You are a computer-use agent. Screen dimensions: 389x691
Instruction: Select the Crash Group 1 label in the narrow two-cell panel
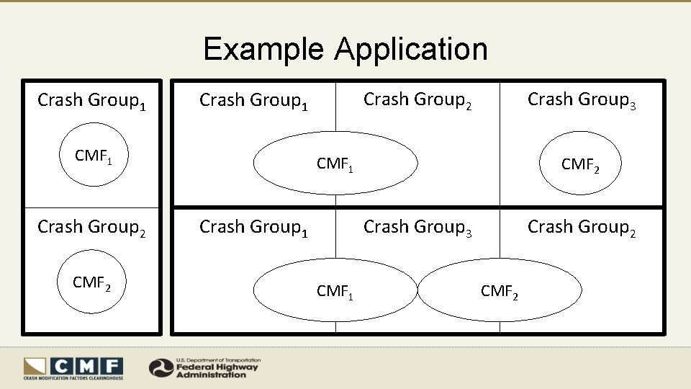click(91, 100)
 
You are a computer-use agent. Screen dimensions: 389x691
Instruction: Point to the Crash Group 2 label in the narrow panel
click(91, 228)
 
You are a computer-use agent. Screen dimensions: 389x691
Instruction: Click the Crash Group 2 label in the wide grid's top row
click(417, 100)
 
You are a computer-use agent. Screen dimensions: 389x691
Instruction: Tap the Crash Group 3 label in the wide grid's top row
click(582, 100)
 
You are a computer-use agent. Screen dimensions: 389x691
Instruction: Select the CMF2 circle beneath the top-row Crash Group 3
click(580, 164)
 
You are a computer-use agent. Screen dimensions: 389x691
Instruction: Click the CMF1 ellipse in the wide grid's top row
click(335, 164)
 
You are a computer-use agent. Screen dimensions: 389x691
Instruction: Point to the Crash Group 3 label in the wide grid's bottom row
click(417, 228)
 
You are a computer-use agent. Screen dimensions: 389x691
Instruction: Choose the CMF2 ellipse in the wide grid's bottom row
click(500, 290)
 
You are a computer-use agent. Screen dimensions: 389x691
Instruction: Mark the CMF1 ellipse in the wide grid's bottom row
click(335, 290)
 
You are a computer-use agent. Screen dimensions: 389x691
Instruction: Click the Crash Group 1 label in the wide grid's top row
click(253, 101)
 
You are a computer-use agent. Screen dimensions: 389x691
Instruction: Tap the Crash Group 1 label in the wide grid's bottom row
click(253, 228)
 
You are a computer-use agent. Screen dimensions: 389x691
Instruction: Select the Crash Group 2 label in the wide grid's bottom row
click(582, 228)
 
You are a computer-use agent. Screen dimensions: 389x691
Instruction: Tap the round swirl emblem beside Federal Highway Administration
click(161, 368)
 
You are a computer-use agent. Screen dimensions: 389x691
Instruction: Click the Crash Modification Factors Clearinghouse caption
click(73, 377)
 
